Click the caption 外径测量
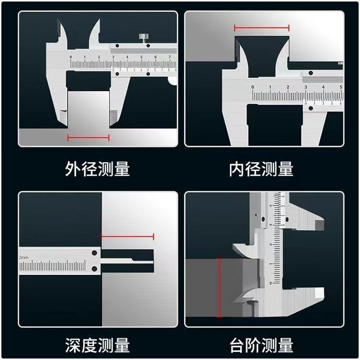pyautogui.click(x=97, y=169)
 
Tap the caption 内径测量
pyautogui.click(x=262, y=169)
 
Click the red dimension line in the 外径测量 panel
pyautogui.click(x=88, y=138)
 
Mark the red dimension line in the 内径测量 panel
pyautogui.click(x=262, y=28)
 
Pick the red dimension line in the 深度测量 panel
pyautogui.click(x=127, y=237)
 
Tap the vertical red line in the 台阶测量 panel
pyautogui.click(x=220, y=287)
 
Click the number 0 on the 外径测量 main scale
pyautogui.click(x=71, y=57)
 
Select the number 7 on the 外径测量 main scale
pyautogui.click(x=170, y=57)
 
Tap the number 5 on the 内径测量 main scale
pyautogui.click(x=340, y=87)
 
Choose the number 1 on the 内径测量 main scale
pyautogui.click(x=270, y=87)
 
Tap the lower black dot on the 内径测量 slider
pyautogui.click(x=311, y=108)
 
